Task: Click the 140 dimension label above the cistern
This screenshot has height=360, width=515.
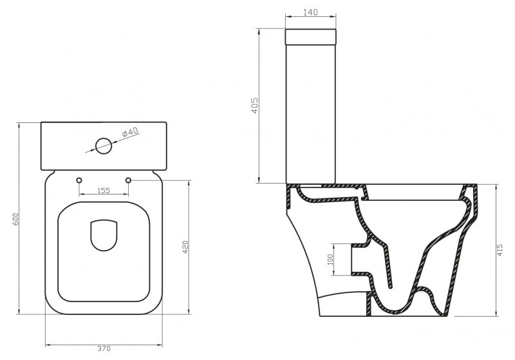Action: coord(310,12)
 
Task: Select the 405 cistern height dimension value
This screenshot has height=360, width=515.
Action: coord(255,106)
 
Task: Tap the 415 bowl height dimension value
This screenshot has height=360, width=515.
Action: coord(500,251)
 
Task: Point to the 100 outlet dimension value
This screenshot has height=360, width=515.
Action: coord(330,260)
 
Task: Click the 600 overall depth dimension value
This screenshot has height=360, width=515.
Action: coord(15,219)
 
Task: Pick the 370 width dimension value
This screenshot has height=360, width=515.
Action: coord(104,348)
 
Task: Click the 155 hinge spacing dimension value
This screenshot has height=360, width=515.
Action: coord(104,190)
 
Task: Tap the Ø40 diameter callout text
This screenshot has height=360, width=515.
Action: coord(131,133)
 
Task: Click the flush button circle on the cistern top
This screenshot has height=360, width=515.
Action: coord(104,146)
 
